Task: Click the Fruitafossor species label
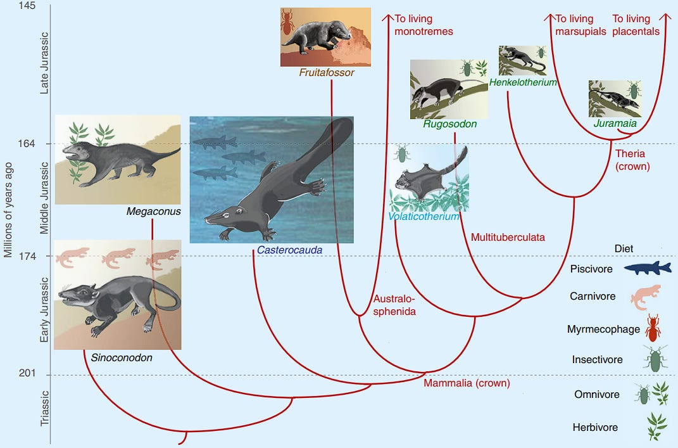pos(326,73)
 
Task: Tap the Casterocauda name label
pos(289,250)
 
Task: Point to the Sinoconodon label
pos(122,358)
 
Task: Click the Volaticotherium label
pos(424,217)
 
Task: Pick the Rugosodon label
pos(450,124)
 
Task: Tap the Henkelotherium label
pos(523,82)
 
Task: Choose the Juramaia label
pos(615,124)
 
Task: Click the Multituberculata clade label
pos(508,238)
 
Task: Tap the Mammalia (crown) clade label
pos(467,383)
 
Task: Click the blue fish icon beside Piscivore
pos(647,268)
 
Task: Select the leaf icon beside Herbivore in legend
pos(653,426)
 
